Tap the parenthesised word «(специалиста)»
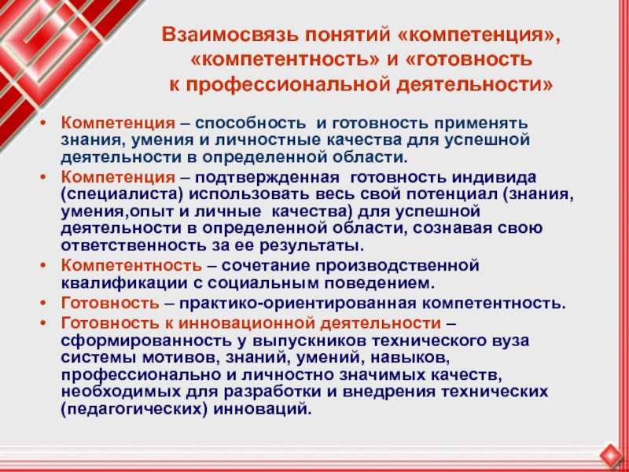pyautogui.click(x=123, y=195)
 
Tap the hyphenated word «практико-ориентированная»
pyautogui.click(x=297, y=304)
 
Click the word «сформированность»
pyautogui.click(x=144, y=341)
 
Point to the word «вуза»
pyautogui.click(x=509, y=341)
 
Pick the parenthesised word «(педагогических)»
pyautogui.click(x=134, y=410)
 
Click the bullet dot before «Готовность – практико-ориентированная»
pyautogui.click(x=43, y=304)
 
